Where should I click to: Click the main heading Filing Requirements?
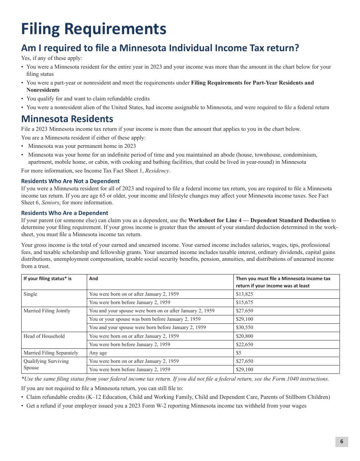point(94,29)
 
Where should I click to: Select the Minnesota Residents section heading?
point(67,119)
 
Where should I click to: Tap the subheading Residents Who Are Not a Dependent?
point(70,181)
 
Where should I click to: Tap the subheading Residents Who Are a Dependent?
point(64,213)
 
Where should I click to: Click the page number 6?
point(341,441)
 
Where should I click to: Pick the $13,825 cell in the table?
point(244,294)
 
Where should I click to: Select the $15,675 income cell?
point(244,303)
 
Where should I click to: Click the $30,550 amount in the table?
point(244,328)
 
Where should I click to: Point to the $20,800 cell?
point(244,336)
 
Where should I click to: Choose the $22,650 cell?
point(244,345)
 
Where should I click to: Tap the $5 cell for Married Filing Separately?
point(239,353)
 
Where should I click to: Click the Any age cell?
point(98,353)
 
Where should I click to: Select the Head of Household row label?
point(44,336)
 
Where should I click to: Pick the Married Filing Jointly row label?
point(47,311)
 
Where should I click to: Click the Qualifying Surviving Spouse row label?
point(46,364)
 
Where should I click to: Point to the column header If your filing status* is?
point(47,279)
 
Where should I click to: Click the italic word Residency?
point(157,171)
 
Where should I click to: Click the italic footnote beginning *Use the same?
point(175,379)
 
